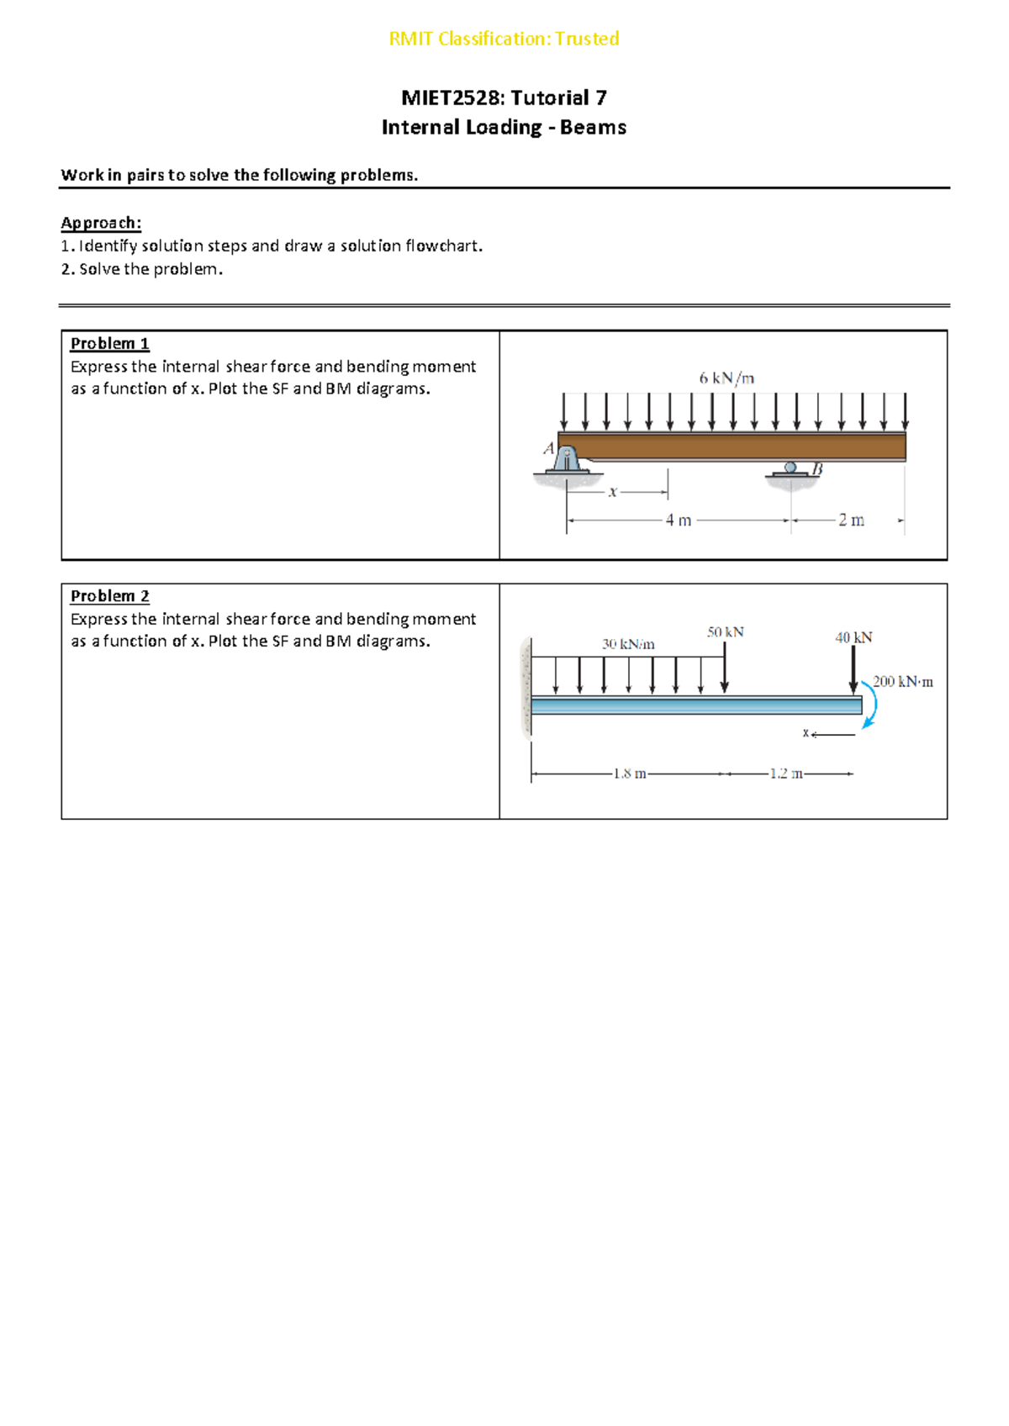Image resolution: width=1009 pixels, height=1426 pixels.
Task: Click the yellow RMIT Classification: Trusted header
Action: tap(504, 39)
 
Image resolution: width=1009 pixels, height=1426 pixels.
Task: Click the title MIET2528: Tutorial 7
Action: tap(504, 98)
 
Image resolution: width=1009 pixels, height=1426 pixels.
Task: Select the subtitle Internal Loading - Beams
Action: tap(504, 127)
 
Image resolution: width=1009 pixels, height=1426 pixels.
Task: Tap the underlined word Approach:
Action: tap(101, 223)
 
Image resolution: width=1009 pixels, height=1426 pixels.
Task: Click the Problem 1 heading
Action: tap(109, 343)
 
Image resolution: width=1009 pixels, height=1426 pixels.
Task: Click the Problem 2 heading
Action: tap(109, 595)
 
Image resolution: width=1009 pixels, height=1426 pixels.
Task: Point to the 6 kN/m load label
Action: tap(726, 378)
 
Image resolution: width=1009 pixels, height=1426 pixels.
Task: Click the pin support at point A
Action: tap(568, 460)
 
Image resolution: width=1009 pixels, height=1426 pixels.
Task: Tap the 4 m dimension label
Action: tap(679, 520)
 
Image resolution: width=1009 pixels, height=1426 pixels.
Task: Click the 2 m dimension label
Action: tap(851, 520)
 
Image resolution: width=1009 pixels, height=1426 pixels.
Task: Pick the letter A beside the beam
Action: tap(549, 448)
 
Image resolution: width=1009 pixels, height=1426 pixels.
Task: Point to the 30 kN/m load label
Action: tap(628, 644)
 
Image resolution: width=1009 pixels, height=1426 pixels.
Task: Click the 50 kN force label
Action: tap(725, 631)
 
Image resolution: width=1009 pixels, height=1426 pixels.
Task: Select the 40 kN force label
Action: tap(853, 637)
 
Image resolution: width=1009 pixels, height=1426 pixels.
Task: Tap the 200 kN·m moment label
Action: tap(903, 682)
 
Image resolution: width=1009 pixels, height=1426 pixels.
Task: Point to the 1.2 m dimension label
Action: tap(786, 774)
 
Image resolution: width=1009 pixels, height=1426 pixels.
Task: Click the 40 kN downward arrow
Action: tap(853, 671)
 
